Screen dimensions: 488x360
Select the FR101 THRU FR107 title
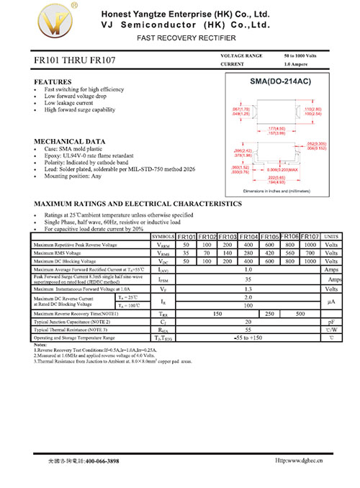(74, 63)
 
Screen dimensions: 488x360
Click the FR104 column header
(249, 237)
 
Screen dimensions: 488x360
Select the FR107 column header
(310, 236)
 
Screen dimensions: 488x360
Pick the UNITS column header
(331, 237)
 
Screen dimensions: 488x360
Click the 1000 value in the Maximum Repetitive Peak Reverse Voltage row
(310, 245)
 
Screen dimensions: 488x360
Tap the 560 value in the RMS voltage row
(290, 253)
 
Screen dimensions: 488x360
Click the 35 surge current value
(248, 279)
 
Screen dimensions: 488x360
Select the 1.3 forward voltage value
(248, 288)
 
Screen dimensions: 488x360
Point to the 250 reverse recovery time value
(270, 314)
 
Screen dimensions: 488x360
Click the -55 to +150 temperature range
(248, 338)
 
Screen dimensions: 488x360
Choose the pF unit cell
(331, 322)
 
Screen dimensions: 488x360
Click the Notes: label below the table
(40, 345)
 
